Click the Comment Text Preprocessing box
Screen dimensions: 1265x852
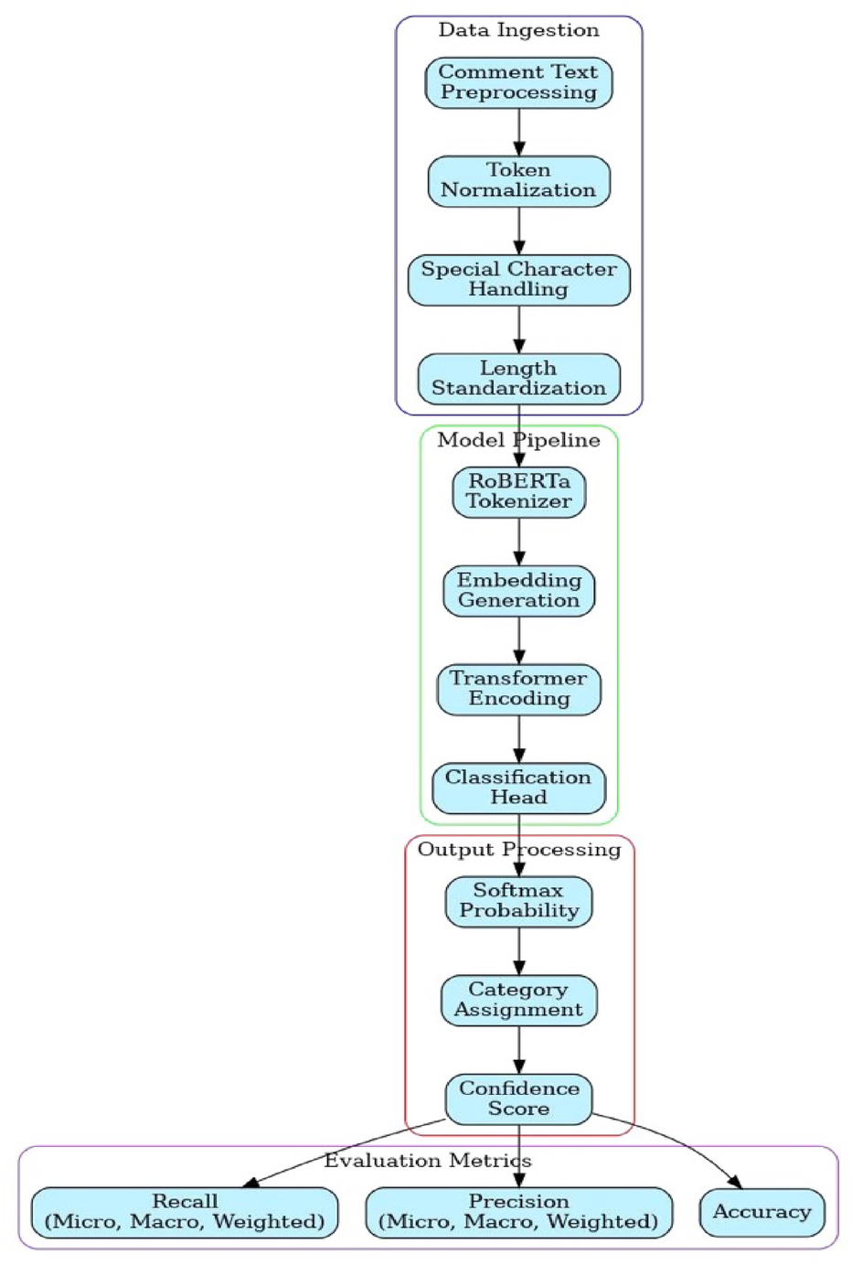(518, 82)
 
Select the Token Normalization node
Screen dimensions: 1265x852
(518, 181)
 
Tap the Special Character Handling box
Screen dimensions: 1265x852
(518, 280)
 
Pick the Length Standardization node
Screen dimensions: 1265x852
(518, 379)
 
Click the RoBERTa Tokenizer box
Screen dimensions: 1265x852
(518, 492)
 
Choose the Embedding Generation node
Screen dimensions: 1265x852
(518, 591)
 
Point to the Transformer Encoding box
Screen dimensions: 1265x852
(518, 689)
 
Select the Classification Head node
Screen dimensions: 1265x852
(518, 788)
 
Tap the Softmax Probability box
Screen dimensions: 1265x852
(518, 901)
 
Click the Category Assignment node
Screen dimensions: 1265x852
(518, 1000)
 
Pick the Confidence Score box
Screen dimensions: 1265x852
(518, 1099)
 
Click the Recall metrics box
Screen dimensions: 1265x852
(185, 1212)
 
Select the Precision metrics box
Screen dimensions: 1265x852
(518, 1212)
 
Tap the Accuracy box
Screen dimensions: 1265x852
(761, 1212)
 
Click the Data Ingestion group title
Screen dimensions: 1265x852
(518, 30)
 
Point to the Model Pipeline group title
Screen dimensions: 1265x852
(518, 440)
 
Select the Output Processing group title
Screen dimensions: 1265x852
(518, 850)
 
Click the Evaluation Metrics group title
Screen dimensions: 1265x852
(427, 1161)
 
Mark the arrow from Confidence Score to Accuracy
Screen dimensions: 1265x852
(686, 1143)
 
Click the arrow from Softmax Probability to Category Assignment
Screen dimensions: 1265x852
(518, 951)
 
